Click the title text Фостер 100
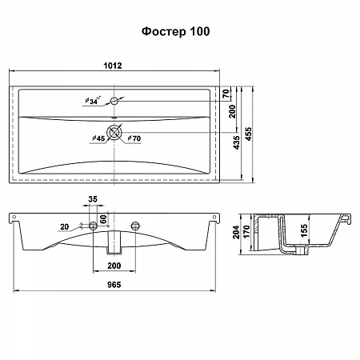[175, 31]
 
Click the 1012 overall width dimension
[113, 66]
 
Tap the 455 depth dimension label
[248, 134]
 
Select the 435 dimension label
[236, 142]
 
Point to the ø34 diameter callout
[93, 101]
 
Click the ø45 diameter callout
[98, 138]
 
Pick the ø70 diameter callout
[134, 138]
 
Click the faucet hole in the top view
[114, 101]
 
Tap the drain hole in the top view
[114, 132]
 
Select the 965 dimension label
[114, 285]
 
